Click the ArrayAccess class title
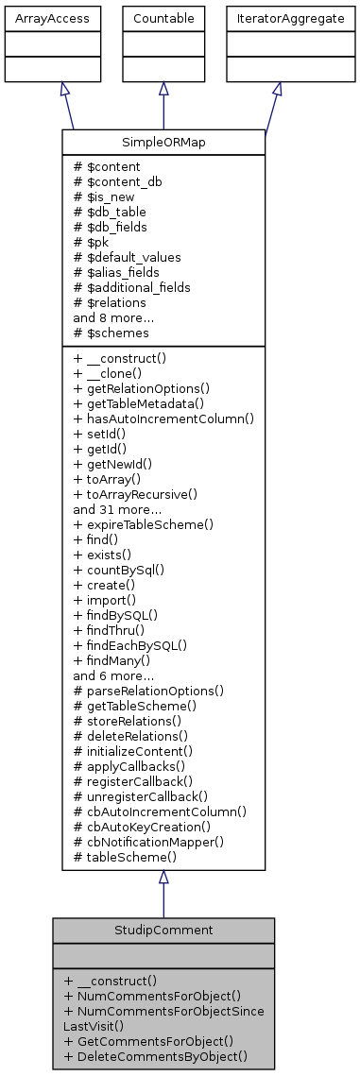(39, 18)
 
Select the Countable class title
(163, 18)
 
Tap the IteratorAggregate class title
(277, 18)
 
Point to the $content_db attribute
(111, 180)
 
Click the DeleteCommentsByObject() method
(155, 1055)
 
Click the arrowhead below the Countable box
(163, 88)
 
